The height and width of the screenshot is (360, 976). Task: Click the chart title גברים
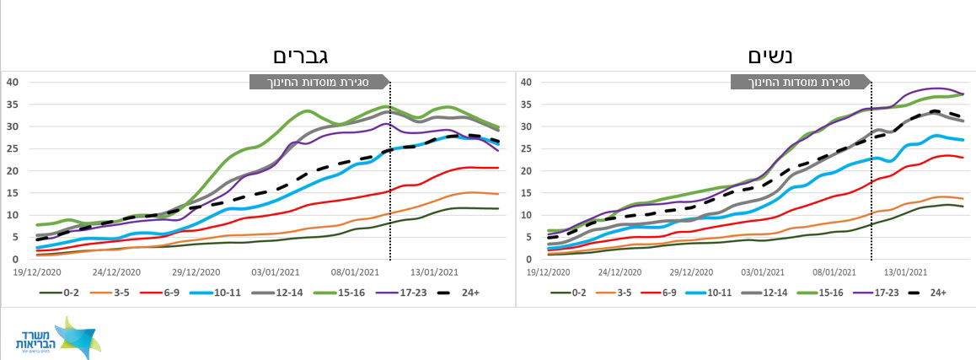coord(299,56)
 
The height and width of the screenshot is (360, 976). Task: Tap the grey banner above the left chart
coord(319,82)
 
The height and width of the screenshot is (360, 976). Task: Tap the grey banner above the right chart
coord(800,82)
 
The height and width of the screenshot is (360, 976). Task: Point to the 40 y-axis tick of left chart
coord(13,82)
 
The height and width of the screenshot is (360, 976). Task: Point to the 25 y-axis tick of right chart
coord(526,148)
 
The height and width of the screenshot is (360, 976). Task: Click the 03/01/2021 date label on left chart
coord(275,273)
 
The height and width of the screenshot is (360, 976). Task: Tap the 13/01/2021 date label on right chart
coord(905,273)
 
